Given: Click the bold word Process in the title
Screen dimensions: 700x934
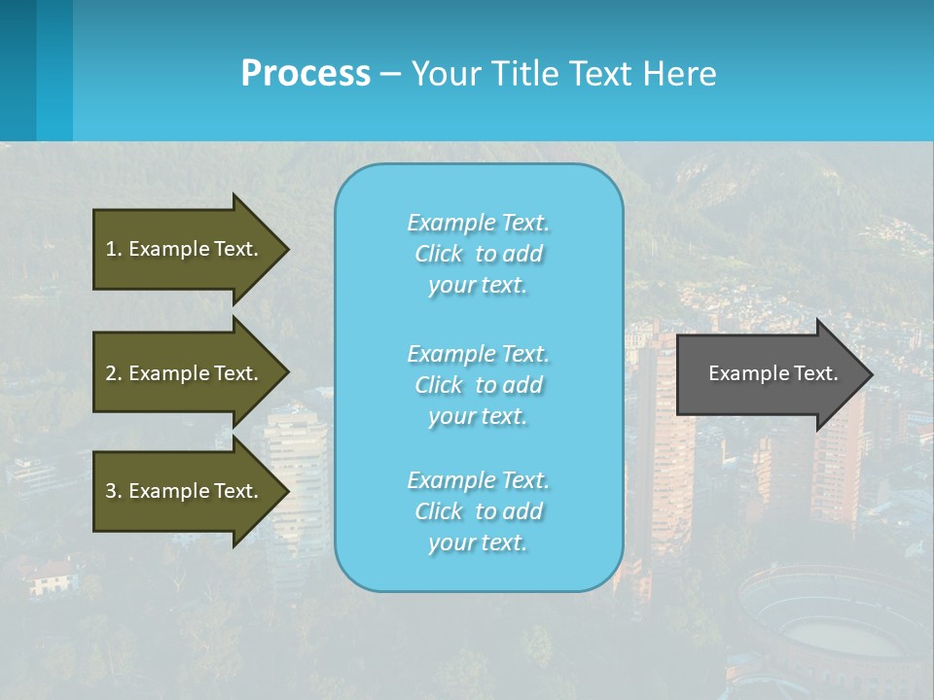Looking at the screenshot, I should coord(305,73).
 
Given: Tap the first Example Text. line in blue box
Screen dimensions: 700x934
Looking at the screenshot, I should coord(478,223).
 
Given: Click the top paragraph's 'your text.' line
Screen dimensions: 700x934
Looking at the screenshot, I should coord(478,286).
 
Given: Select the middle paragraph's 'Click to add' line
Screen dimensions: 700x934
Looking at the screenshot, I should coord(478,385).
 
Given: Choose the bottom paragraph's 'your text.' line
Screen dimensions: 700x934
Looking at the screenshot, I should coord(478,543).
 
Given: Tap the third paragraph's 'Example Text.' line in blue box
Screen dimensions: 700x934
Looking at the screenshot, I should coord(478,480).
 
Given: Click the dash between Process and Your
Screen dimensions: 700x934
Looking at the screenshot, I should coord(390,74).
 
